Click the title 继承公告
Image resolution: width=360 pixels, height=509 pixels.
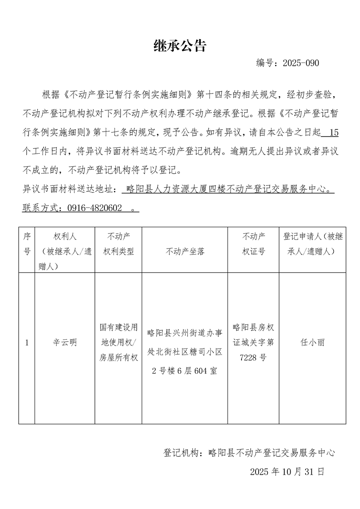(x=180, y=45)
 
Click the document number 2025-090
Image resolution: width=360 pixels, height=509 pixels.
(x=301, y=63)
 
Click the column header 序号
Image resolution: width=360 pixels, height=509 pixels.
(x=27, y=244)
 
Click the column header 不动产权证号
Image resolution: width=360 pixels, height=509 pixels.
(x=254, y=244)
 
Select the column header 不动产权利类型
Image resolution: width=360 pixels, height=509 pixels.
(x=118, y=244)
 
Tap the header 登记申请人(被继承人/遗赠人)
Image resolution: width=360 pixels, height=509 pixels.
(x=313, y=244)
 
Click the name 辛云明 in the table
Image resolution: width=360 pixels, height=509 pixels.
(x=64, y=343)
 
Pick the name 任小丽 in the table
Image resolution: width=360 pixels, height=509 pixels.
(x=313, y=343)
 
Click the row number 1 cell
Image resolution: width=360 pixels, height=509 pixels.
(x=27, y=343)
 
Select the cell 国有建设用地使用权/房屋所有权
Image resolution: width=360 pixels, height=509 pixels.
(x=118, y=343)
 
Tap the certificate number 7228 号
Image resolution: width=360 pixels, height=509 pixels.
(x=253, y=357)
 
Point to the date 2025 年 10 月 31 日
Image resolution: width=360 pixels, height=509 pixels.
(x=287, y=471)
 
